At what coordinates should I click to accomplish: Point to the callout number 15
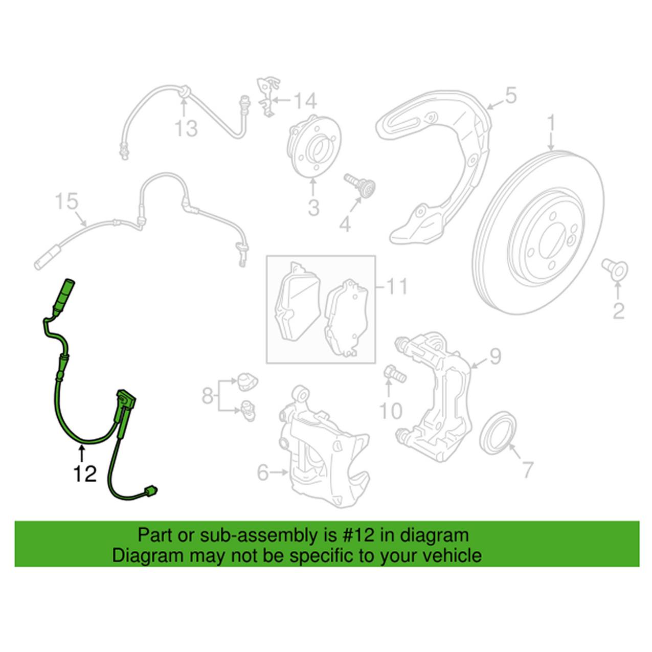(x=66, y=201)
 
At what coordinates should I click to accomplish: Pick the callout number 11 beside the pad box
(x=396, y=287)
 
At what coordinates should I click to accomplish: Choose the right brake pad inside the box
(x=347, y=318)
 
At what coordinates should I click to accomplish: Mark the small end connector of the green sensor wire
(x=150, y=490)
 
